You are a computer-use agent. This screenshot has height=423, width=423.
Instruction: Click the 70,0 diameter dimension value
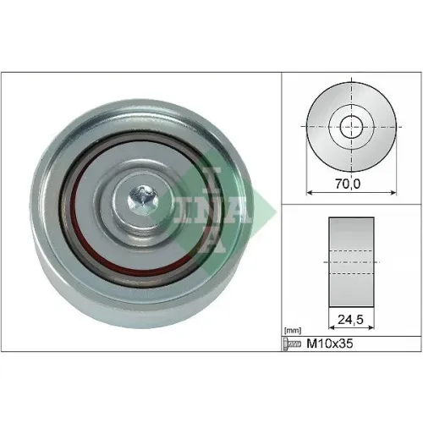[348, 184]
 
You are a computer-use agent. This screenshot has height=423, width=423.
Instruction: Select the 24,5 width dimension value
[351, 320]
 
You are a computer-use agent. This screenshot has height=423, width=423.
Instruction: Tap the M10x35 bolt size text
[330, 343]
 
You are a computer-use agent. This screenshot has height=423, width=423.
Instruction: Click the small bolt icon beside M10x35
[292, 343]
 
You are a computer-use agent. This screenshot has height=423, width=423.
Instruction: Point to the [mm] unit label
[293, 330]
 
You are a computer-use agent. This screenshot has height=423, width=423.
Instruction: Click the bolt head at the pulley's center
[143, 200]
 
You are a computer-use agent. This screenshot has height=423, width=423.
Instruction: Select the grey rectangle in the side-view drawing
[351, 262]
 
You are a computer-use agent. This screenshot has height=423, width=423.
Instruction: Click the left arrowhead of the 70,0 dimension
[309, 193]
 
